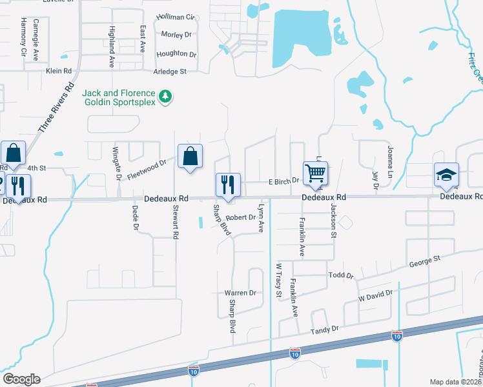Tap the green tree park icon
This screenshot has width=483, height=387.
(167, 97)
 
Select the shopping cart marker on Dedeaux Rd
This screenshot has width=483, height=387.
(315, 173)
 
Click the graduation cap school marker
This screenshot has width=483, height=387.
(446, 174)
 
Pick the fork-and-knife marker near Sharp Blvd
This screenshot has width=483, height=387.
(228, 185)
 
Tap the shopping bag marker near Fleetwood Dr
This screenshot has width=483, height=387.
(190, 156)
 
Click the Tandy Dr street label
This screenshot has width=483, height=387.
(324, 330)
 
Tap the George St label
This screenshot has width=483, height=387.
(424, 262)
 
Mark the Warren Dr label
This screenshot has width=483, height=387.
(240, 293)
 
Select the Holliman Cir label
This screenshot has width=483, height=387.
(176, 17)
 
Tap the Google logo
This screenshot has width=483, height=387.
(21, 379)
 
